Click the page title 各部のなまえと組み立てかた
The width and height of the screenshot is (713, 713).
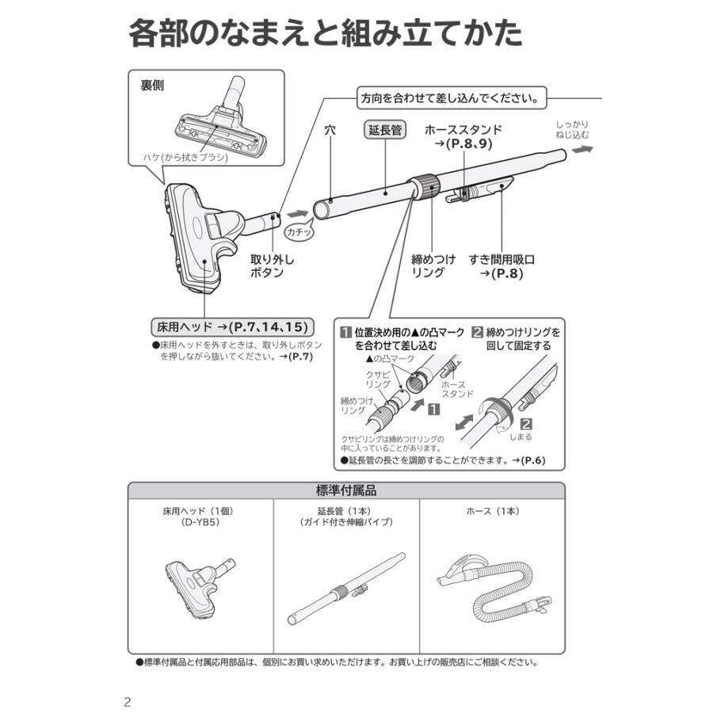click(325, 34)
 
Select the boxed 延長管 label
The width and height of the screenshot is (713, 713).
click(385, 130)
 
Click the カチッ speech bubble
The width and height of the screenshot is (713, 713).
click(300, 233)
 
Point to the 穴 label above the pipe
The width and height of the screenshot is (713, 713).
click(330, 130)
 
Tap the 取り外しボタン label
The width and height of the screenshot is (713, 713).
click(267, 266)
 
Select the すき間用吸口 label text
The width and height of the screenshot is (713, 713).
click(501, 259)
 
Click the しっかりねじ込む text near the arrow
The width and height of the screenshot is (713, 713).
click(571, 131)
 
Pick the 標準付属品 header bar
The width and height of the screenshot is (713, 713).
click(346, 490)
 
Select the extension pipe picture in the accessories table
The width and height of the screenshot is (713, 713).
click(346, 590)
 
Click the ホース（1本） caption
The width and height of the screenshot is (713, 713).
click(492, 512)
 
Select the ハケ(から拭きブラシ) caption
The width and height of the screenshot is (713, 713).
click(185, 157)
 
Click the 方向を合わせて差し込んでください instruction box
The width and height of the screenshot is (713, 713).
click(451, 99)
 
